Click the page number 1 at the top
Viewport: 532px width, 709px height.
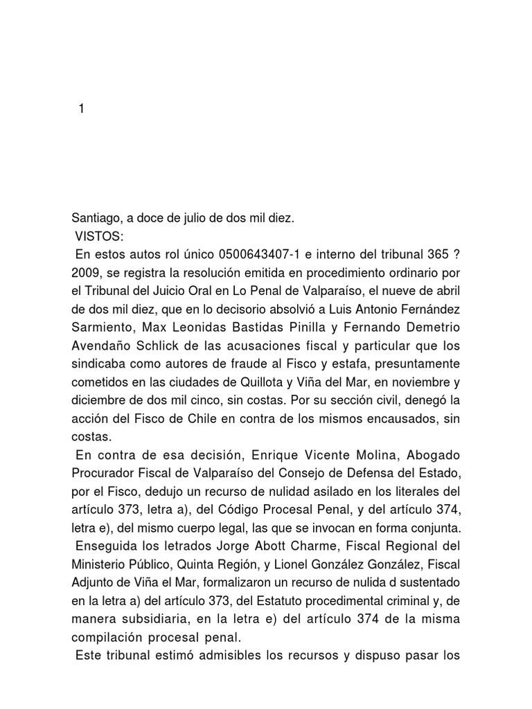(81, 109)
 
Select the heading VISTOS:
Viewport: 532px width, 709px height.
(100, 237)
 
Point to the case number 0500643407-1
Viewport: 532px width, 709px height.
(253, 255)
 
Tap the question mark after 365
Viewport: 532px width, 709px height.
(456, 255)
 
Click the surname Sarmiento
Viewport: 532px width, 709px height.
(102, 327)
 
